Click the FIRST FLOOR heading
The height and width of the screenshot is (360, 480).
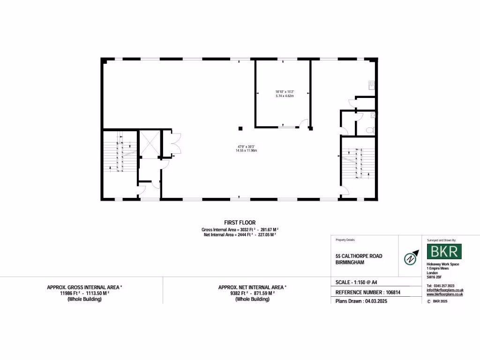coord(240,223)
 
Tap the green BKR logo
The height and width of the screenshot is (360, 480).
coord(444,251)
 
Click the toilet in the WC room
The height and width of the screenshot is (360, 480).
coord(371,130)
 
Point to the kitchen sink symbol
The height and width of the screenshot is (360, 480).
coord(371,84)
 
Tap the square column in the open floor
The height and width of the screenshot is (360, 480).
coord(240,128)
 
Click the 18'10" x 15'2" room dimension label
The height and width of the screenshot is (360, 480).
coord(285,93)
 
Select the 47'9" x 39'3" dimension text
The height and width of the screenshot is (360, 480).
coord(246,148)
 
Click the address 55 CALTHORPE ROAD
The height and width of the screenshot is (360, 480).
coord(359,256)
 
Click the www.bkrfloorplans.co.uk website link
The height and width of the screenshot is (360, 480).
coord(444,294)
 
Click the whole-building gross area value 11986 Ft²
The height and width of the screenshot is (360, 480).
coord(70,293)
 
